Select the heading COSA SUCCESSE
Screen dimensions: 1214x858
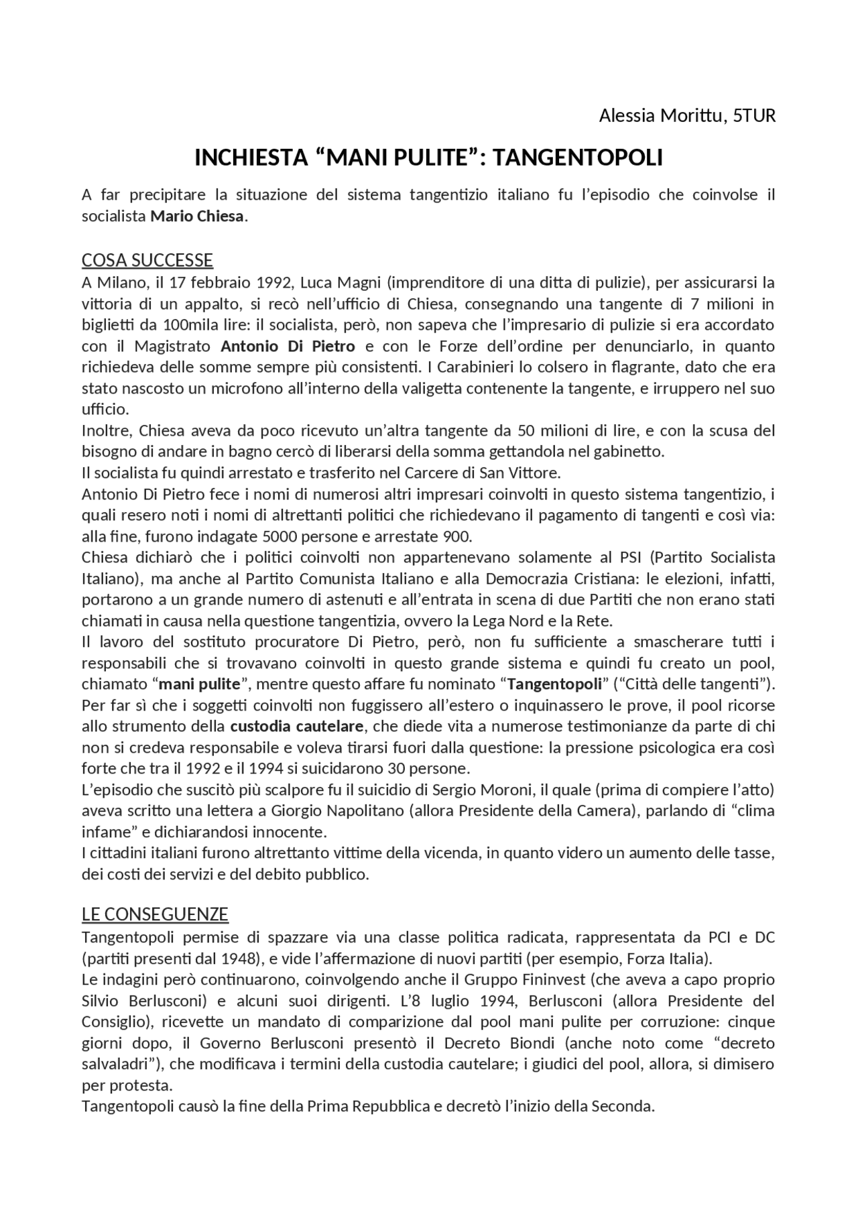point(147,260)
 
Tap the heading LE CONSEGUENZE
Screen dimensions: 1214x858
point(155,914)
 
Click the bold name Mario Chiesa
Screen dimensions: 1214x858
point(197,217)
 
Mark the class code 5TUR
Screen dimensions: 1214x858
point(754,116)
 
